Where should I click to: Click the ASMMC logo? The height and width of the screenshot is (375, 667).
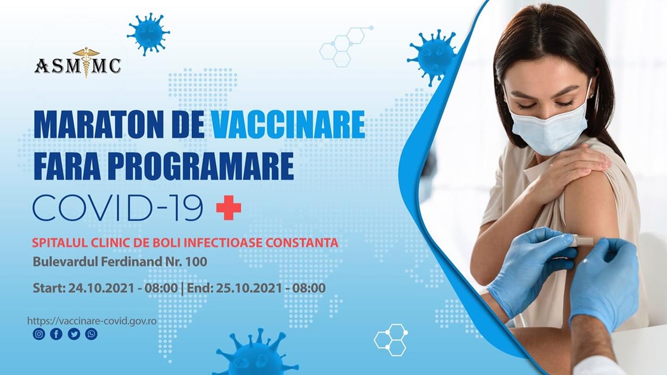(x=78, y=63)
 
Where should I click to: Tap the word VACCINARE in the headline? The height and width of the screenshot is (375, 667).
(x=288, y=124)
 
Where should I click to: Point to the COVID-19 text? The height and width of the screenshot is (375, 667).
(x=118, y=208)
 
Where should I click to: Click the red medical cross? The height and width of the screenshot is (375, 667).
(x=229, y=208)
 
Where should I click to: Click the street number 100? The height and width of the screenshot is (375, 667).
(x=196, y=262)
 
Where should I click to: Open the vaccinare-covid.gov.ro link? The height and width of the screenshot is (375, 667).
(x=92, y=321)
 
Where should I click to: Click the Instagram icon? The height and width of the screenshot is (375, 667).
(x=39, y=334)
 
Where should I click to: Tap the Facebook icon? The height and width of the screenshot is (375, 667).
(x=56, y=334)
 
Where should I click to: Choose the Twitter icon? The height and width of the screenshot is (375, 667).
(x=74, y=334)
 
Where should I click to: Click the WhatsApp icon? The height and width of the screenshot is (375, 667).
(x=91, y=334)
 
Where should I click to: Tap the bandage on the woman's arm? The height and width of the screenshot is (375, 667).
(x=584, y=240)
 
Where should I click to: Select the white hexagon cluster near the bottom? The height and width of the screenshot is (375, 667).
(x=391, y=340)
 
